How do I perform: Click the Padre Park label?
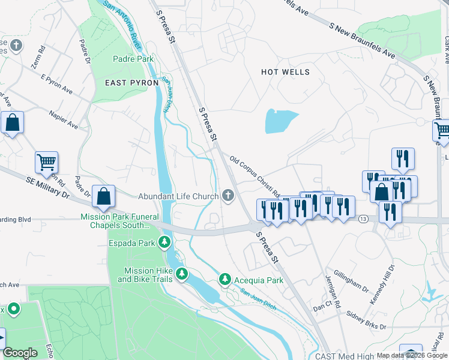(x=133, y=59)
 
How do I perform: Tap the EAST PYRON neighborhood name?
(x=132, y=82)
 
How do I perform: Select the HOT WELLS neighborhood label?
(x=286, y=72)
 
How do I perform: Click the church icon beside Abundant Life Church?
(x=228, y=195)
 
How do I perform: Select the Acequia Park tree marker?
(x=224, y=279)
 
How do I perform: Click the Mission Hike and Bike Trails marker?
(x=181, y=275)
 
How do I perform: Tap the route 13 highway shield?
(x=364, y=220)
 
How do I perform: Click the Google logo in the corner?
(x=20, y=353)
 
